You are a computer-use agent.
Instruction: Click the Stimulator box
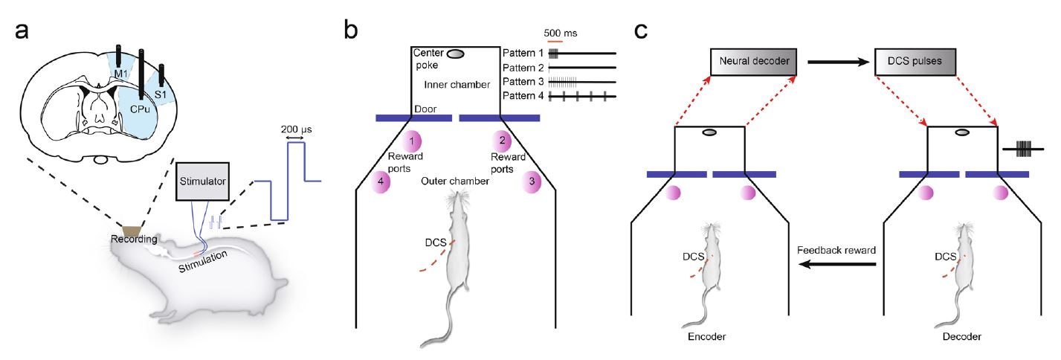click(x=203, y=179)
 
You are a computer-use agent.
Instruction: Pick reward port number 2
click(x=503, y=140)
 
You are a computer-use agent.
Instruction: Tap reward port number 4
click(x=381, y=181)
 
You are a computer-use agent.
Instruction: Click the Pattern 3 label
click(x=524, y=82)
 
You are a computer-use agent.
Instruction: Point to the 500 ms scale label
click(x=561, y=33)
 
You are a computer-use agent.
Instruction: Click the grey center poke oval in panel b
click(x=456, y=54)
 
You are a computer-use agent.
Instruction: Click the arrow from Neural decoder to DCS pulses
click(x=836, y=62)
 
